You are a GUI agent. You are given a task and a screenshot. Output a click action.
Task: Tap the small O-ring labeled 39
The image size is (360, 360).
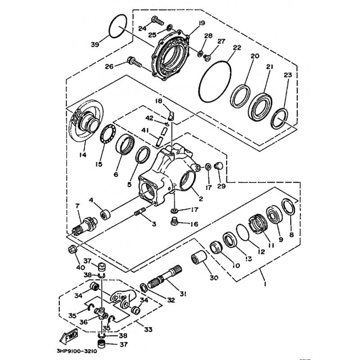click(118, 26)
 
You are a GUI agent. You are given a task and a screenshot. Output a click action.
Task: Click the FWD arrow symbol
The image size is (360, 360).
click(67, 336)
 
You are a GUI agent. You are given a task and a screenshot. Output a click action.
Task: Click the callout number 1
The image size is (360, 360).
click(265, 285)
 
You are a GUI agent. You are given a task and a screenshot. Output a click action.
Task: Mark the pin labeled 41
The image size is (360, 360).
click(163, 135)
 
